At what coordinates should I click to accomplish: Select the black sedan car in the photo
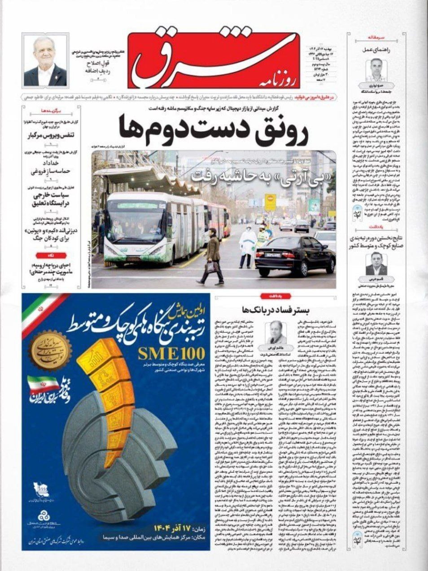point(295,255)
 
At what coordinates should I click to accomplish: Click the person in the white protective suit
point(246,245)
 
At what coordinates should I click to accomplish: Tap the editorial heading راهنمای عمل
point(376,50)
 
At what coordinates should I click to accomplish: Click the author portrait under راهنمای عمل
point(376,69)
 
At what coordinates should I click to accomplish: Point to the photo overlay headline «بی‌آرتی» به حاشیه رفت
point(263,175)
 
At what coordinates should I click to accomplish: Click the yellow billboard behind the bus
point(271,202)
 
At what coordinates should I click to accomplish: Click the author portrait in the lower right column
point(376,264)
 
